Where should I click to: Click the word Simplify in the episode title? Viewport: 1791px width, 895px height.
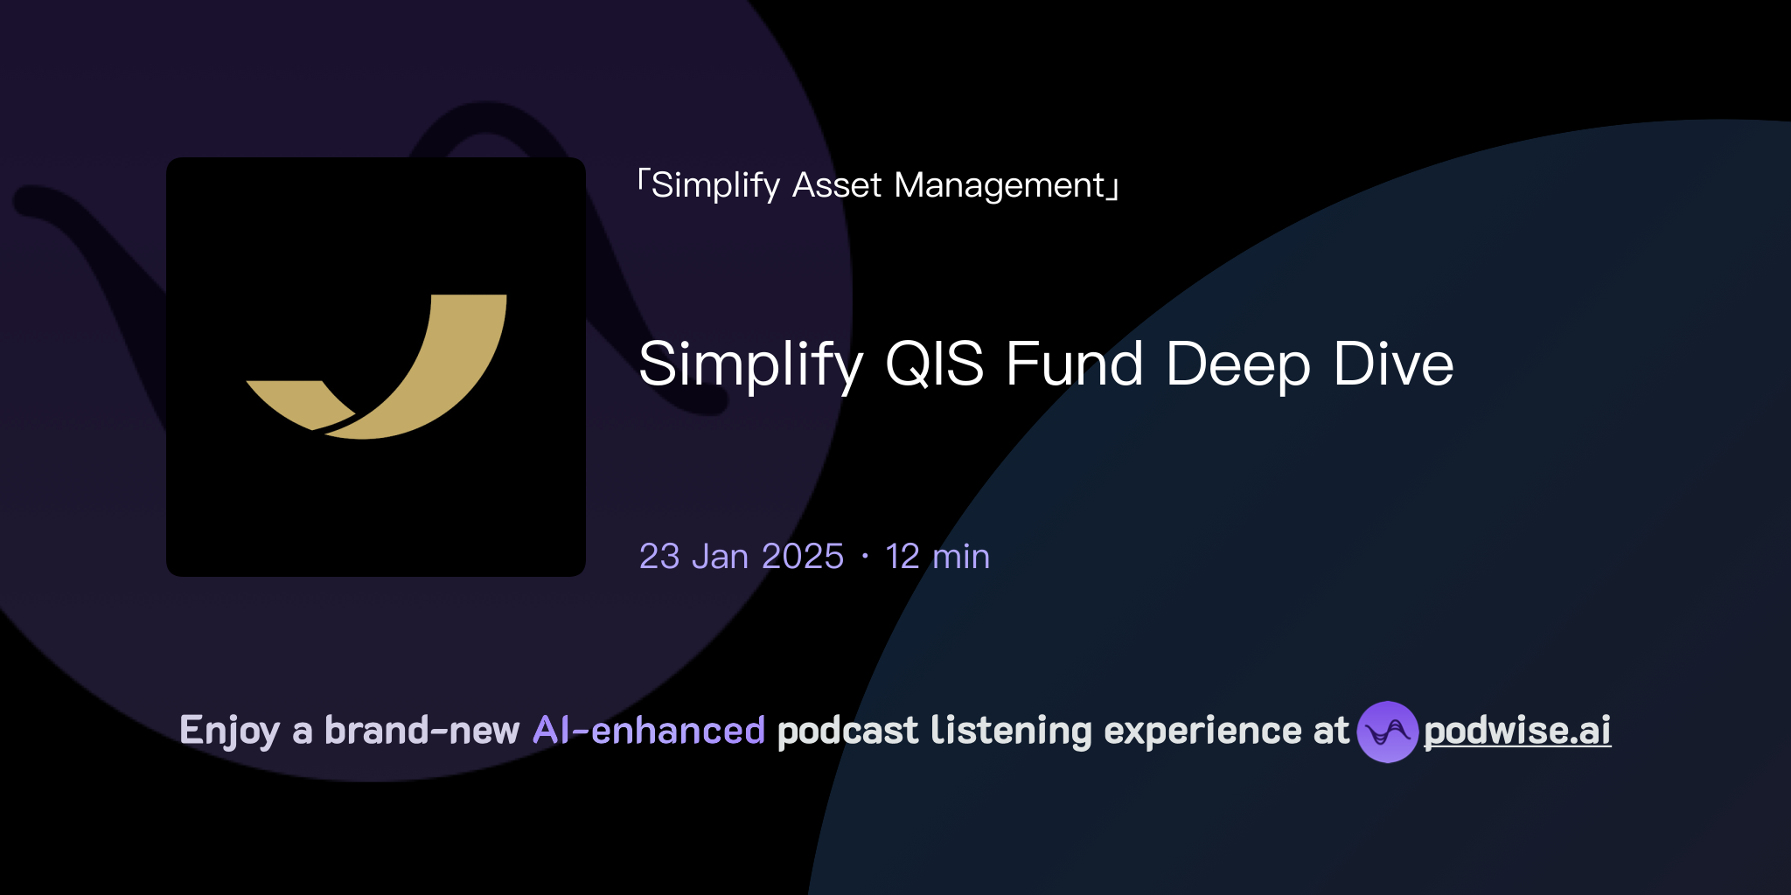click(750, 365)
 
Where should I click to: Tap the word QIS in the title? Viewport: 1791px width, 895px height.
click(934, 364)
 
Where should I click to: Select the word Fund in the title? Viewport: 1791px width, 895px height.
click(1074, 364)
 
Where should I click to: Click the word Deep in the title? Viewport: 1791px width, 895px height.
click(1237, 365)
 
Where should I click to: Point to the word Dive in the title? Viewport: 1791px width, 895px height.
click(1393, 364)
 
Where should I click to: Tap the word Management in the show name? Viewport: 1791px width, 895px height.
click(1000, 186)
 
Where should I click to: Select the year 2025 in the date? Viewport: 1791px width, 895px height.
click(803, 557)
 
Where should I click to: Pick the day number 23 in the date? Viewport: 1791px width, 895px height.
click(659, 557)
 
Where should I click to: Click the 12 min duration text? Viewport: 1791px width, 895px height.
click(937, 557)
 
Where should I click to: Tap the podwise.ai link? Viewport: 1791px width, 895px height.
click(1517, 731)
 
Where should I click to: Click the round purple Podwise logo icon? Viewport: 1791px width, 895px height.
click(1387, 732)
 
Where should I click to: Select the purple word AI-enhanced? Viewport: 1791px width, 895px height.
click(649, 731)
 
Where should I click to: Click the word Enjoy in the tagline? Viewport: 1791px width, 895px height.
click(229, 732)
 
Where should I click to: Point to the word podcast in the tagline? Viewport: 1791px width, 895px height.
click(847, 731)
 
